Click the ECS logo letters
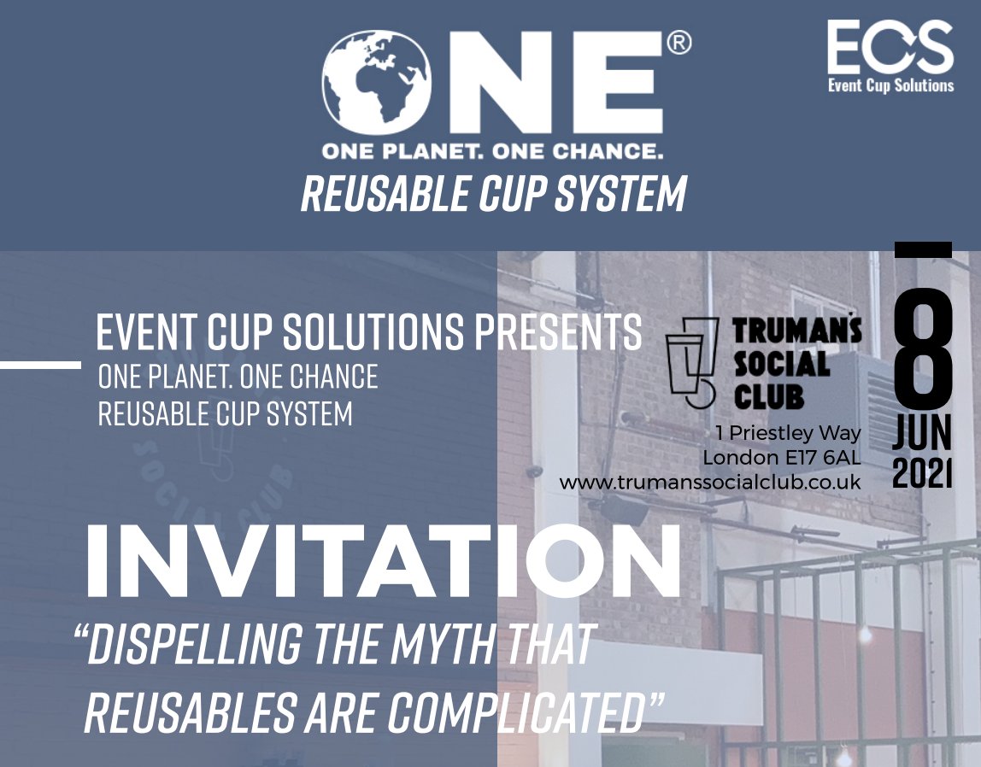click(890, 48)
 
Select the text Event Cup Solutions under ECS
click(890, 85)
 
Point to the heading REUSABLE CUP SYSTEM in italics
click(493, 195)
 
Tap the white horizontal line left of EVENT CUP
click(40, 365)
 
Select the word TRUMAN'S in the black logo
click(797, 331)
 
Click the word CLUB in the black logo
click(769, 396)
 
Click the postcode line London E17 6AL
click(781, 459)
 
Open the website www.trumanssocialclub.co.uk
click(709, 483)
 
